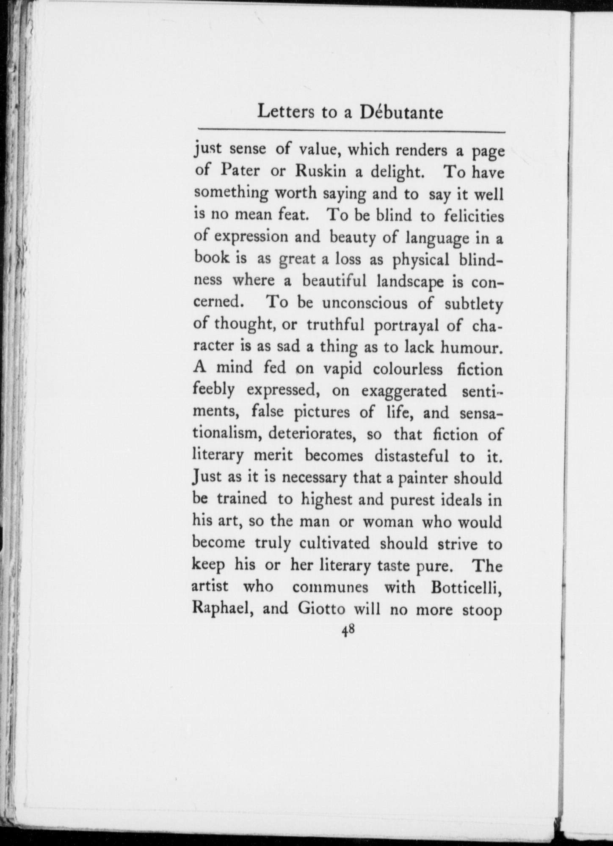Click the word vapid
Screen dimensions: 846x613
[x=343, y=370]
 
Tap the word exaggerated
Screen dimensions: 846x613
[x=405, y=391]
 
